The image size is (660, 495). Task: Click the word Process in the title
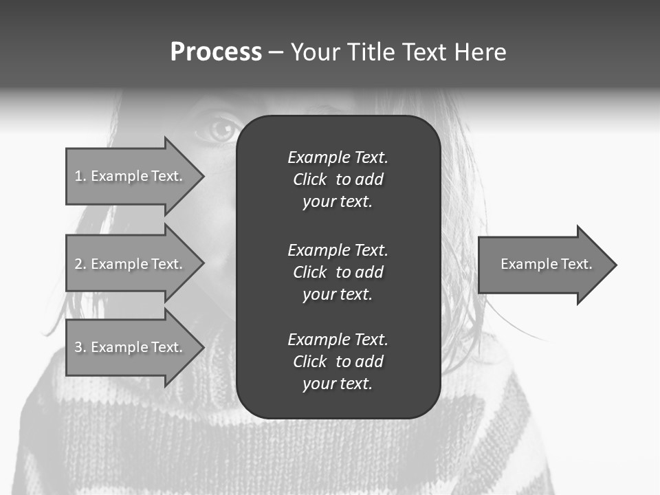click(x=216, y=52)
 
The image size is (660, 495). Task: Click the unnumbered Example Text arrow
click(x=543, y=264)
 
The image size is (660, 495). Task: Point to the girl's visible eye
click(x=220, y=129)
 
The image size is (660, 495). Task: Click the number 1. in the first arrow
click(x=80, y=176)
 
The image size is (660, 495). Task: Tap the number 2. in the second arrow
click(x=80, y=264)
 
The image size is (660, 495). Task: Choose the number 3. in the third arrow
click(x=80, y=347)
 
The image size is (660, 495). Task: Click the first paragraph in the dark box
click(x=338, y=179)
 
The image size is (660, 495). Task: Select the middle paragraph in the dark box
click(x=338, y=272)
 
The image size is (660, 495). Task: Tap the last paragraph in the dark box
click(x=338, y=362)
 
